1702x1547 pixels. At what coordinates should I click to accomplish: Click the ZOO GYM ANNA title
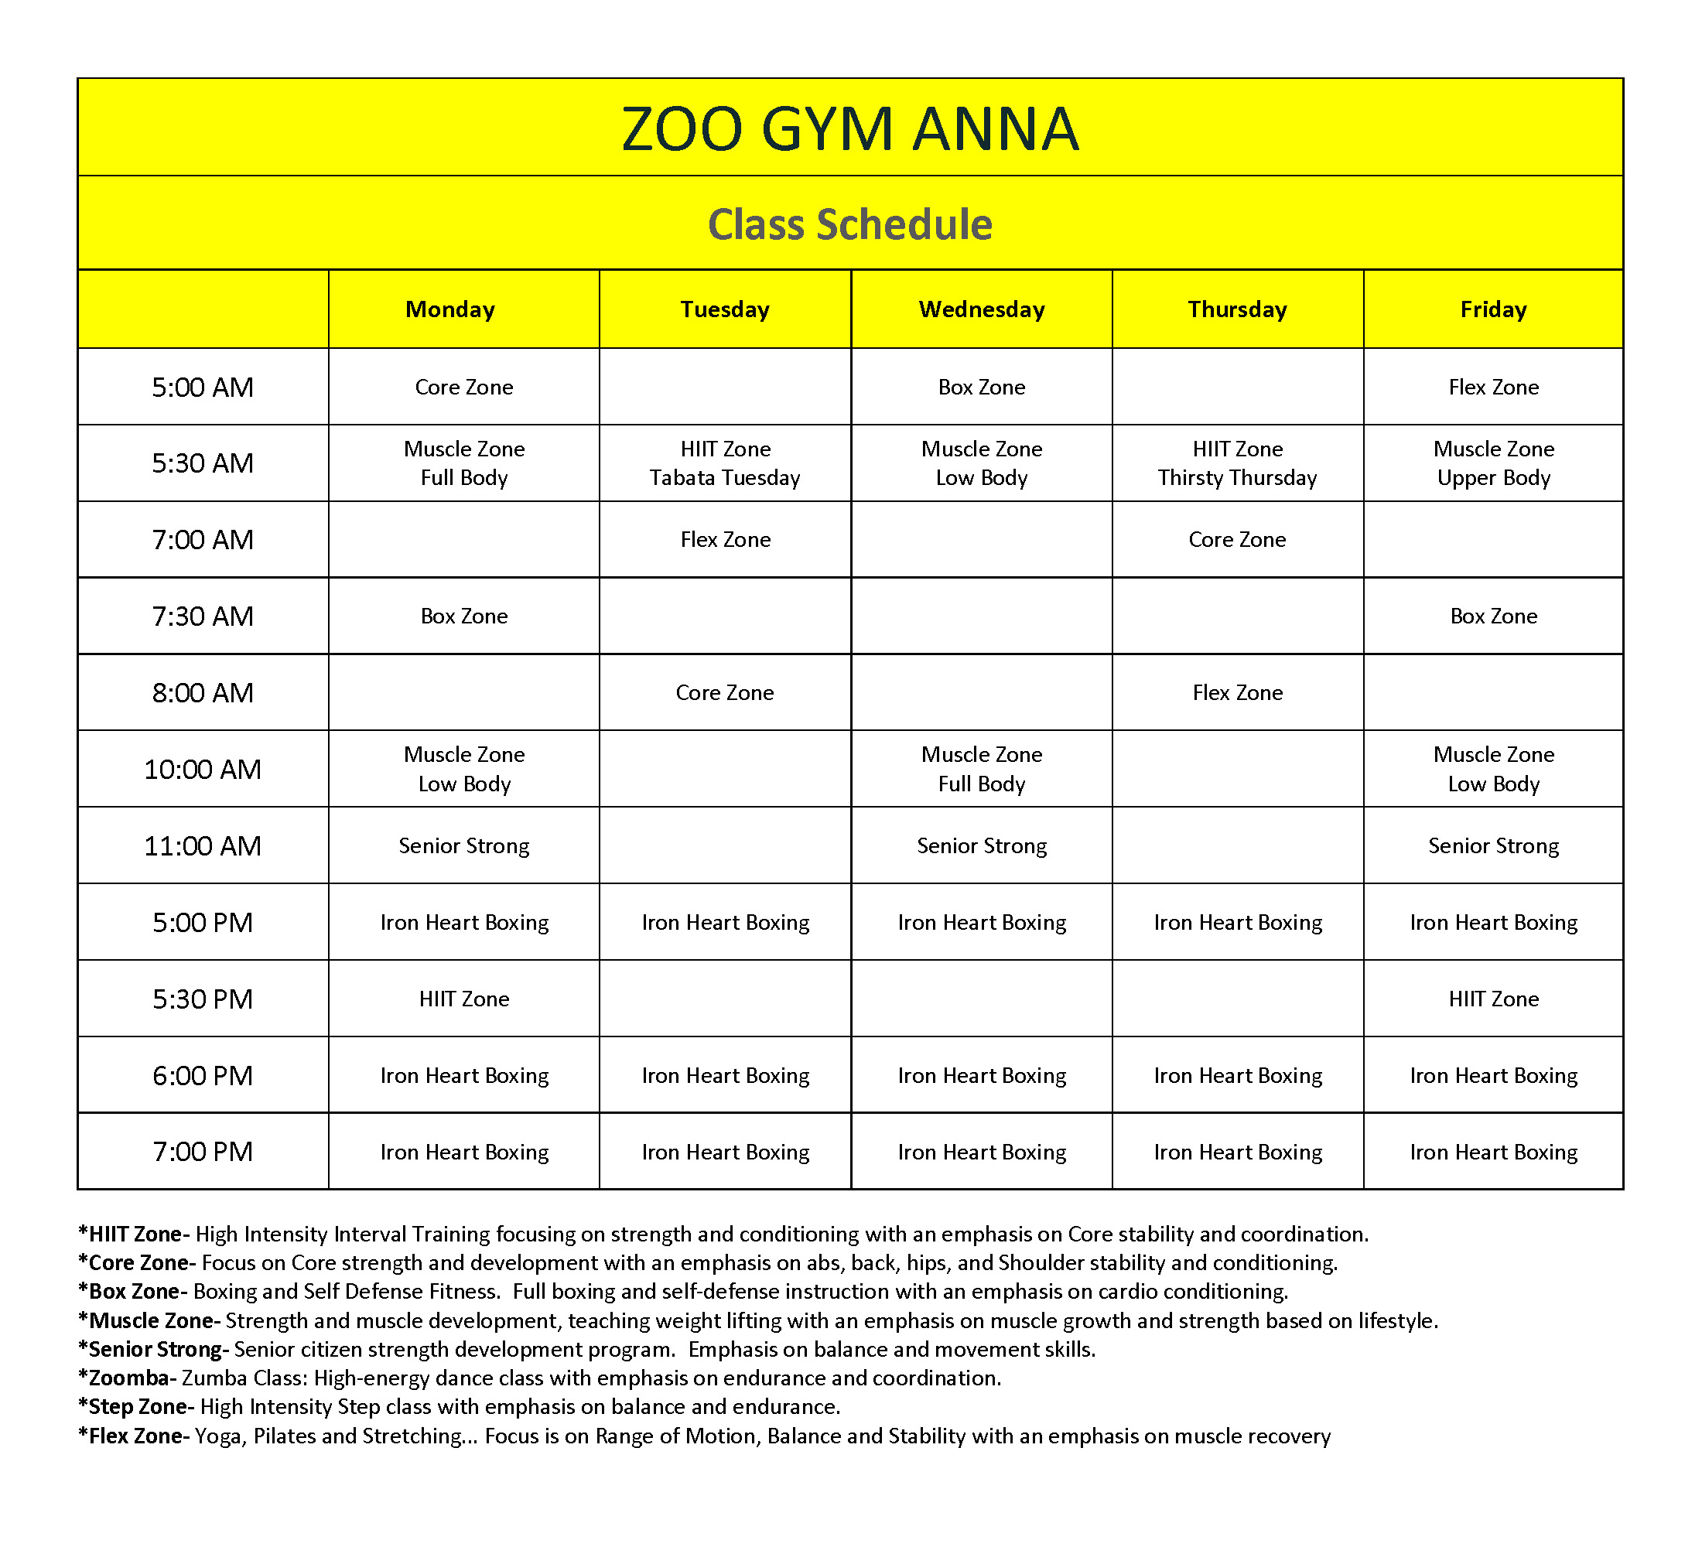click(x=849, y=129)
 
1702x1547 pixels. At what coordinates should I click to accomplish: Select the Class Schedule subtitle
click(x=849, y=224)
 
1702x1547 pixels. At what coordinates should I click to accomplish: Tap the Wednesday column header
click(x=981, y=309)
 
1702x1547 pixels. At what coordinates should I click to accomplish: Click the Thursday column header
click(x=1237, y=309)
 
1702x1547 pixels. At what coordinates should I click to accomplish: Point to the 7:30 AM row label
click(x=203, y=616)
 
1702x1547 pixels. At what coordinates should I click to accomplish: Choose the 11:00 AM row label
click(x=203, y=845)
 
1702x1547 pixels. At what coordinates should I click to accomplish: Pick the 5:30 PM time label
click(x=203, y=999)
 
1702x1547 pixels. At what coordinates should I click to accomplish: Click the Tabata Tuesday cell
click(x=724, y=463)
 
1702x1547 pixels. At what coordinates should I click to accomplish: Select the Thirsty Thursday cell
click(x=1237, y=463)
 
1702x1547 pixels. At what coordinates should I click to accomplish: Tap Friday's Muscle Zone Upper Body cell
click(x=1492, y=463)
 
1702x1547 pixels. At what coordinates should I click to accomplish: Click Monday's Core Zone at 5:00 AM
click(x=463, y=388)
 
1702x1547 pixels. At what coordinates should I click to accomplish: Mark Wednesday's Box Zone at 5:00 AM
click(x=981, y=388)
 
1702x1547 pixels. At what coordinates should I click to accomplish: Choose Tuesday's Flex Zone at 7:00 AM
click(x=724, y=540)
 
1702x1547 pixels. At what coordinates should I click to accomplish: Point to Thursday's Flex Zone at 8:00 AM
click(x=1237, y=693)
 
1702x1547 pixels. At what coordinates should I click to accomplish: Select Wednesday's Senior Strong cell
click(x=981, y=845)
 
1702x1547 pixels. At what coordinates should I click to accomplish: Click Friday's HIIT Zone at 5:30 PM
click(x=1492, y=999)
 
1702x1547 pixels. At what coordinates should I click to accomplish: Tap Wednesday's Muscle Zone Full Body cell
click(x=981, y=769)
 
